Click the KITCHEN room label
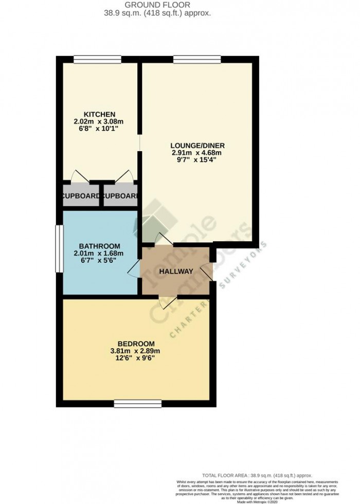coord(99,114)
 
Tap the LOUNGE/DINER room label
coord(198,145)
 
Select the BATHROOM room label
coord(99,245)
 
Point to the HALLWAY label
coord(175,272)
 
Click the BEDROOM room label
coord(136,344)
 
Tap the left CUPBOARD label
coord(80,196)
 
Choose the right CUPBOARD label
coord(120,196)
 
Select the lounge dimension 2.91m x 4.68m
coord(198,152)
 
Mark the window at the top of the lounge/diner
coord(197,59)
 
